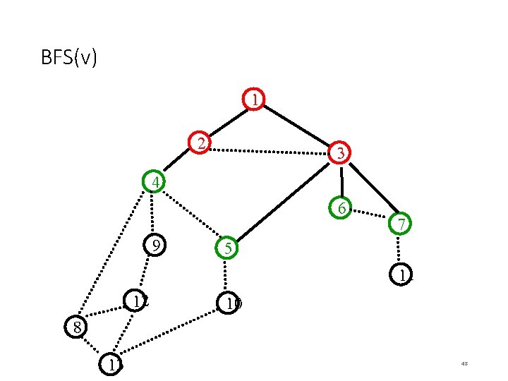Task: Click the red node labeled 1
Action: [x=253, y=99]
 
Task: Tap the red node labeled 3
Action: [x=339, y=152]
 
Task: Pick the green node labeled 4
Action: [x=154, y=182]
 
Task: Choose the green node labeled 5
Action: [x=226, y=248]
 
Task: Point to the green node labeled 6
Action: [x=341, y=208]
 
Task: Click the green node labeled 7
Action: [x=399, y=224]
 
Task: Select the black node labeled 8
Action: [x=75, y=327]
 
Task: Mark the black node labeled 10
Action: [x=230, y=304]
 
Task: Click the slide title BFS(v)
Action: [x=69, y=57]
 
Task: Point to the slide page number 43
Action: [x=464, y=363]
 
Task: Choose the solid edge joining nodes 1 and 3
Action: [x=296, y=126]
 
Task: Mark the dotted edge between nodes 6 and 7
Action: [x=370, y=216]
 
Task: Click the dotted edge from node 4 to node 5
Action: [x=190, y=216]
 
